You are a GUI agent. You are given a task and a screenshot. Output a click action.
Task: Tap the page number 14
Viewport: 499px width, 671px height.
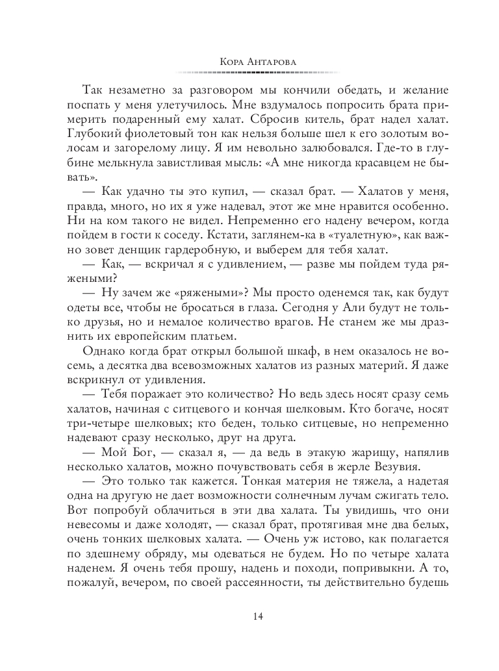249,616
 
